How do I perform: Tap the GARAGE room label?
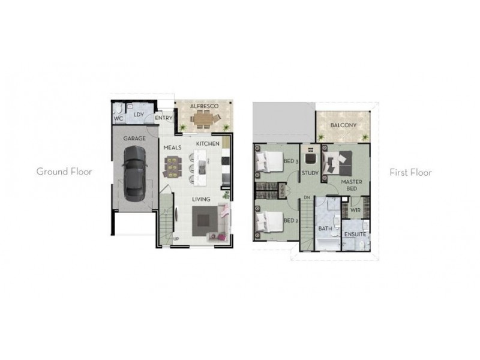(134, 138)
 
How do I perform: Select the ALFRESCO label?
(203, 106)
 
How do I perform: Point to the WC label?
(118, 118)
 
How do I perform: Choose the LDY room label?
(139, 114)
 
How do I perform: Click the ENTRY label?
(163, 118)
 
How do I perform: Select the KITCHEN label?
(206, 144)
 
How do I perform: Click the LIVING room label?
(200, 199)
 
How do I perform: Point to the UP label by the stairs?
(176, 239)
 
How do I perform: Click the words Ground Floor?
(64, 172)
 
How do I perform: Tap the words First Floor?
(411, 172)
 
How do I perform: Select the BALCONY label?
(343, 125)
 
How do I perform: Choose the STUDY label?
(310, 173)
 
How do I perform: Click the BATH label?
(325, 229)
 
